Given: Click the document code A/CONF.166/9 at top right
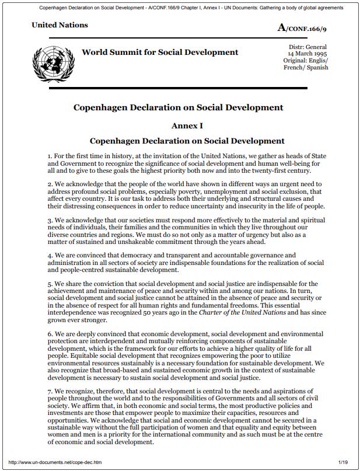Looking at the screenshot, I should [303, 27].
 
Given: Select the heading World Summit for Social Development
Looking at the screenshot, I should [160, 53].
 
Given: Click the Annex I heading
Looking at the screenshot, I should [187, 125].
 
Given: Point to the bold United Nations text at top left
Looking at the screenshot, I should [60, 25].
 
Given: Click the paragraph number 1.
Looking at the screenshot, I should [50, 156].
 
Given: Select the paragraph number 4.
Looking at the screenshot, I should [50, 255].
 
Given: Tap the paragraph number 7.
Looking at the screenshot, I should [50, 390].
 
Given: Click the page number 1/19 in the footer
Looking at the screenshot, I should [343, 462].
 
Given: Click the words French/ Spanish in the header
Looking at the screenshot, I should [306, 67].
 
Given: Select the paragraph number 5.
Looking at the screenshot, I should [50, 284].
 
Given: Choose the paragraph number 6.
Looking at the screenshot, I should [50, 334].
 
